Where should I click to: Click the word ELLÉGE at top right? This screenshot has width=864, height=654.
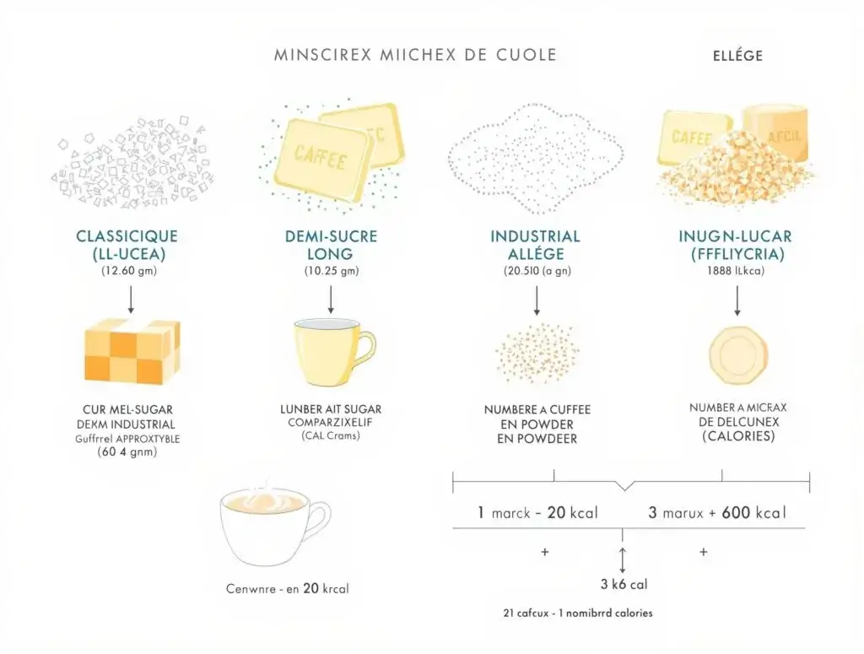click(x=732, y=56)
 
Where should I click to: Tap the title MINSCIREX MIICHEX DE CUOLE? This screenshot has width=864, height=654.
click(x=415, y=55)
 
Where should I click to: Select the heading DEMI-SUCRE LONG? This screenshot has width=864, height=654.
click(x=331, y=245)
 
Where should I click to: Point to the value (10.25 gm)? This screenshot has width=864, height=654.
click(x=331, y=271)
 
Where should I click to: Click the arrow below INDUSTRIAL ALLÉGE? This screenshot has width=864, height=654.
click(x=536, y=299)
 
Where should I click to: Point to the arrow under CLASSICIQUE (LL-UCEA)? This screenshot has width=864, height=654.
click(x=131, y=299)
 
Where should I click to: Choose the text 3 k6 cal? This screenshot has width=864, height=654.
click(x=624, y=583)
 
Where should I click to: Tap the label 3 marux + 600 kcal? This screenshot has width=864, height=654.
click(x=715, y=512)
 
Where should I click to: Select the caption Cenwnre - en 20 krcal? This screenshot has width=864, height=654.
click(x=287, y=588)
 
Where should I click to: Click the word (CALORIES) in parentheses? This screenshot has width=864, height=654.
click(x=738, y=437)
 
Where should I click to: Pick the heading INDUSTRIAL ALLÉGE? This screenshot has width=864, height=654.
click(x=535, y=245)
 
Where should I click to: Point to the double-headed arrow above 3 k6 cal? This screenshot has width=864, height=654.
click(x=623, y=558)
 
